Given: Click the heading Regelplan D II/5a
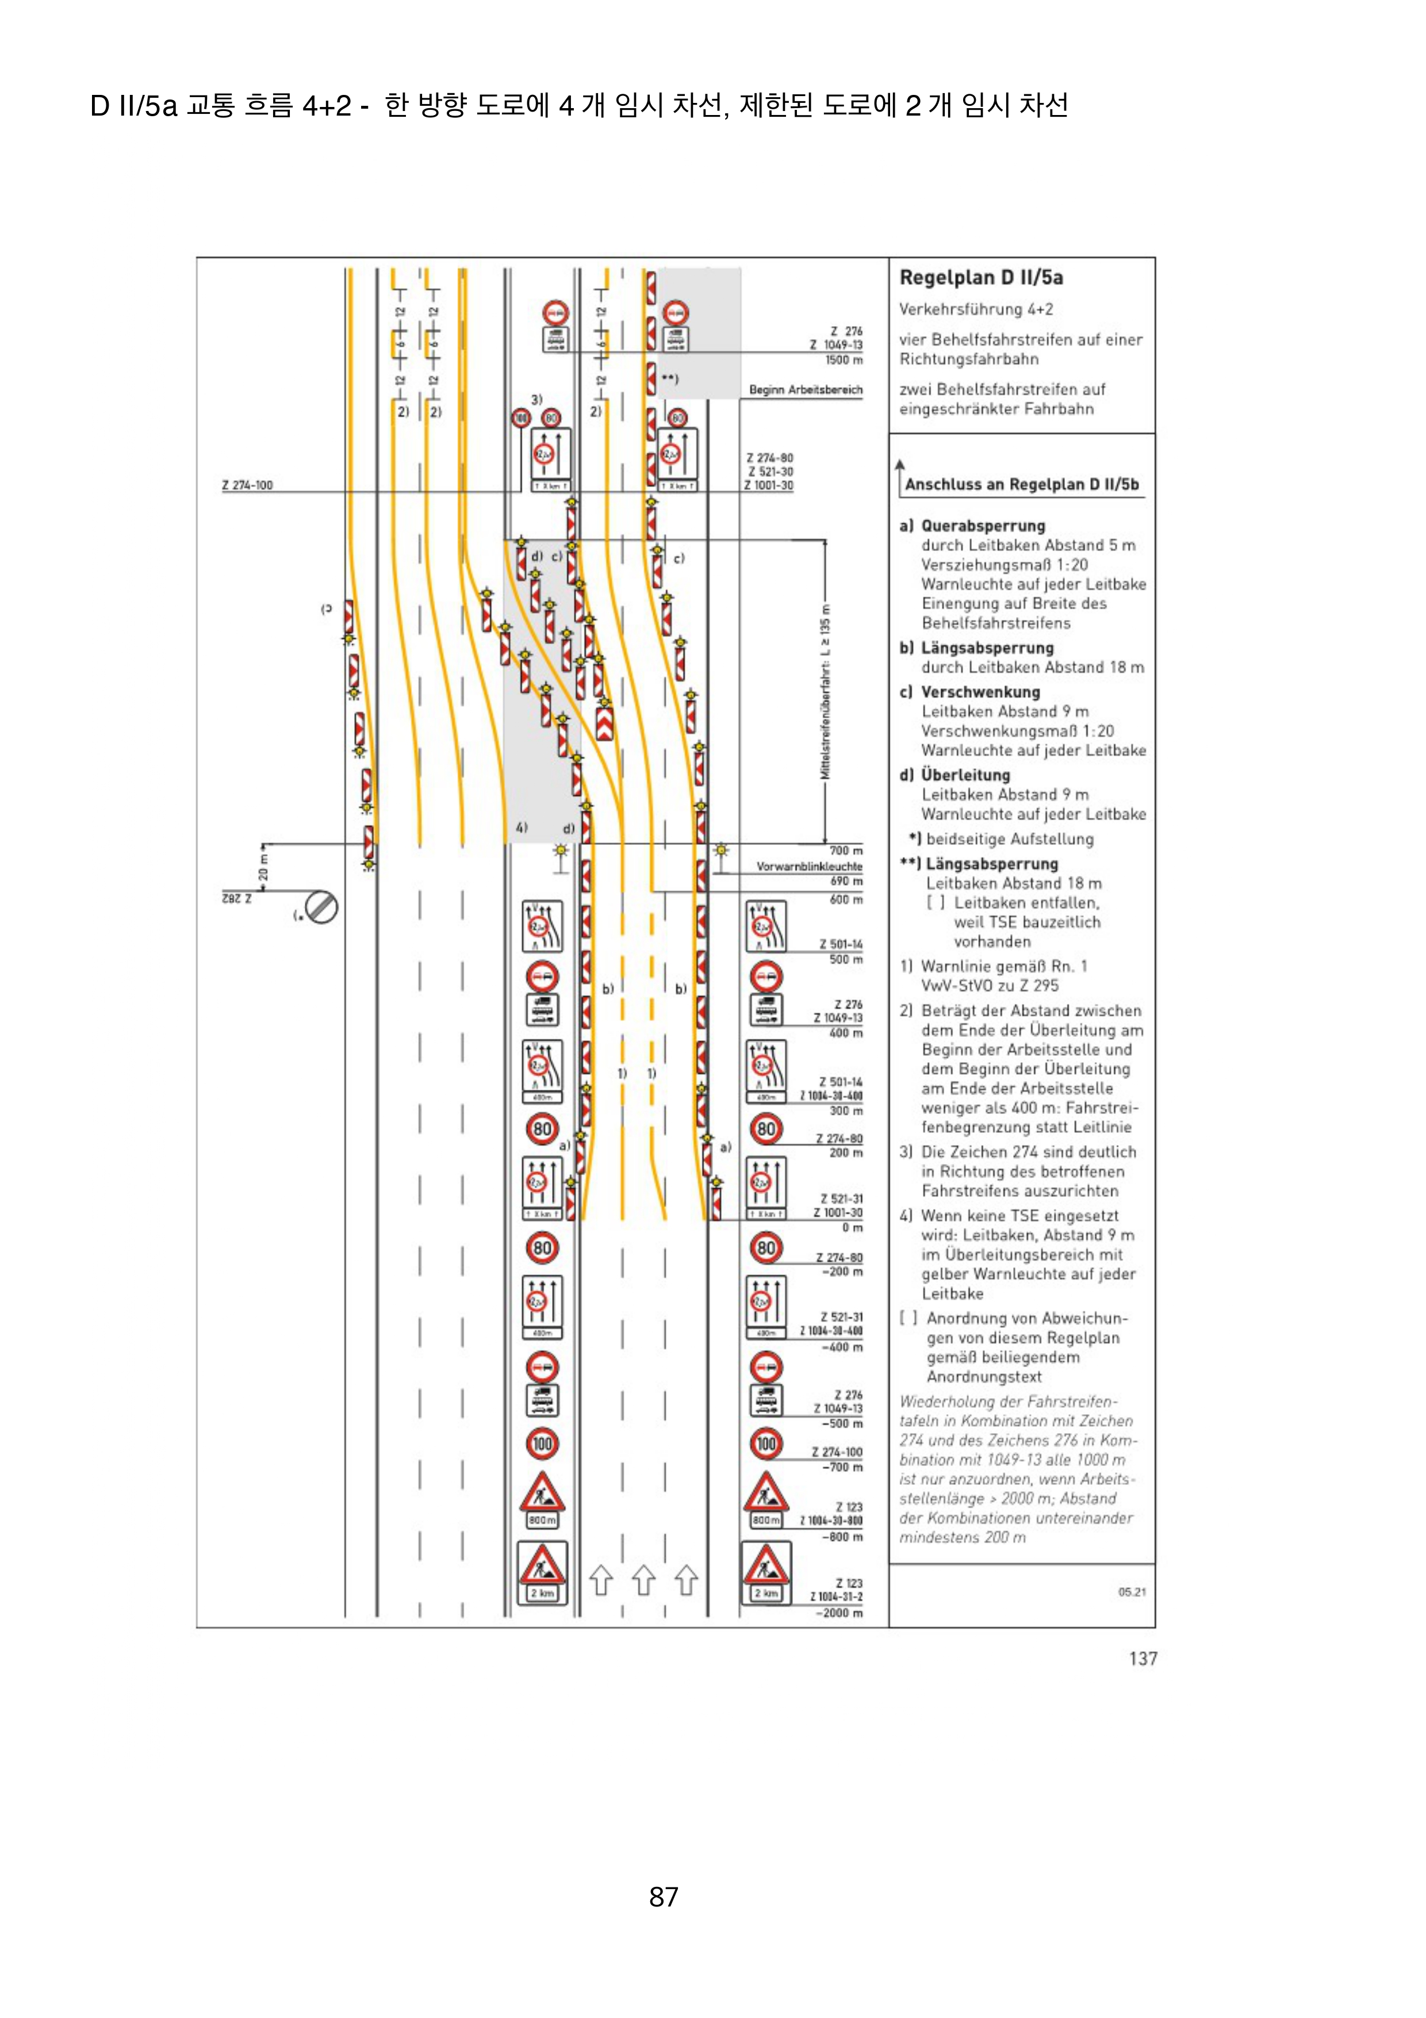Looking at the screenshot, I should [980, 278].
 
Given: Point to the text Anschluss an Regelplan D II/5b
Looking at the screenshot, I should [1021, 484].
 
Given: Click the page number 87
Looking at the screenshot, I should [664, 1897].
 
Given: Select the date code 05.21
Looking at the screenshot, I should [1132, 1592].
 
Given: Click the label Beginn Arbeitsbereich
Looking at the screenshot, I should [805, 389].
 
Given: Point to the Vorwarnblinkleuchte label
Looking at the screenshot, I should [808, 867].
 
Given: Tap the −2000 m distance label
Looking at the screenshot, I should [838, 1613].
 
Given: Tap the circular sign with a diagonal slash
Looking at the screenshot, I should [321, 907].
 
